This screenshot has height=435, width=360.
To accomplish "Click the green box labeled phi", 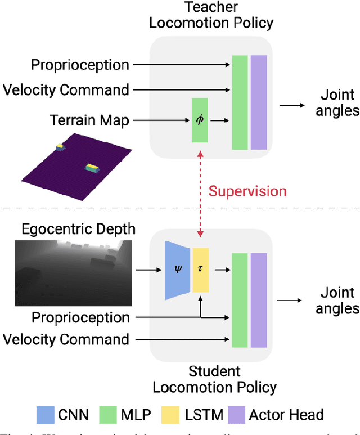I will (x=200, y=120).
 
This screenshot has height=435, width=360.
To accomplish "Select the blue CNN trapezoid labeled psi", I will (x=178, y=270).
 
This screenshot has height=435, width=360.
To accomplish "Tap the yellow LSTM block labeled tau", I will (x=200, y=270).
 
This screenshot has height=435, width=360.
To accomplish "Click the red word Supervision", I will (x=247, y=191).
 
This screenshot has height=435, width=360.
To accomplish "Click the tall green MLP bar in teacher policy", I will (x=240, y=102).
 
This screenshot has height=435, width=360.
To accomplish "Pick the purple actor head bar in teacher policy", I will (x=259, y=102).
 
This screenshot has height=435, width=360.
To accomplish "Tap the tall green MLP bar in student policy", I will (x=240, y=300).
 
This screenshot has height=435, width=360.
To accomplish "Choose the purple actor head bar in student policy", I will (x=259, y=300).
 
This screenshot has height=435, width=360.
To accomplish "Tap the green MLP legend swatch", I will (x=107, y=415).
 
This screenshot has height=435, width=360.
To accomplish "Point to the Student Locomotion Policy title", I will (x=215, y=379).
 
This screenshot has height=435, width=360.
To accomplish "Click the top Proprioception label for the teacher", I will (x=80, y=65).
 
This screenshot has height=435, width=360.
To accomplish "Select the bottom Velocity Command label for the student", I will (x=66, y=339).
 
